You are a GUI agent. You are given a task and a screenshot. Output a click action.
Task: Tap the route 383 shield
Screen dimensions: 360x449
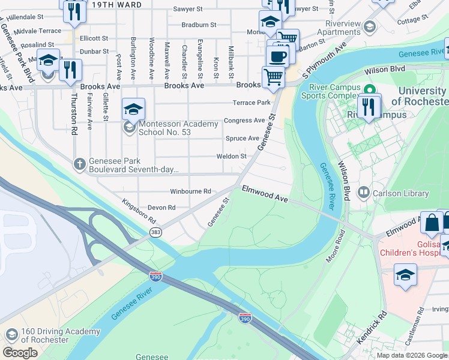[x=156, y=232]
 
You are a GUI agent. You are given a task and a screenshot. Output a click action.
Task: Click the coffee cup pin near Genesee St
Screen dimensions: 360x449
[x=277, y=57]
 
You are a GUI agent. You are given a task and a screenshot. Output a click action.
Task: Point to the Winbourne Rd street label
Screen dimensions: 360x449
[x=190, y=191]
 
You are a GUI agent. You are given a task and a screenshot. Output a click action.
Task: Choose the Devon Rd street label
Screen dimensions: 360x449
[x=163, y=208]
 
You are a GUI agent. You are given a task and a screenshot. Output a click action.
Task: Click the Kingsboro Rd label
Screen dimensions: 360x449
[x=139, y=212]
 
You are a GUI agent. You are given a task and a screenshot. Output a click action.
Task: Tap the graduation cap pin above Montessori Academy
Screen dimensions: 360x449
[x=133, y=109]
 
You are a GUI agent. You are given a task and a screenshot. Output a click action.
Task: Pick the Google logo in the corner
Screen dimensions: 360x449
[x=20, y=353]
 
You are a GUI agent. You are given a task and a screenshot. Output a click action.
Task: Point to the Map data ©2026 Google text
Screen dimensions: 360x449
[x=412, y=355]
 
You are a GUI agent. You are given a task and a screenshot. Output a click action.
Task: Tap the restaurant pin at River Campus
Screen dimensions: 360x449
[x=368, y=107]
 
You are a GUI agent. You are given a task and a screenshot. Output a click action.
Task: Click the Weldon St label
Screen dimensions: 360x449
[x=232, y=157]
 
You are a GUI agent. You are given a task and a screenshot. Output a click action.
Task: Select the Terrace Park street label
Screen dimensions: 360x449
[x=255, y=103]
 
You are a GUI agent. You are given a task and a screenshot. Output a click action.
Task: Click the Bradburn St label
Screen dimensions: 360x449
[x=199, y=25]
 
